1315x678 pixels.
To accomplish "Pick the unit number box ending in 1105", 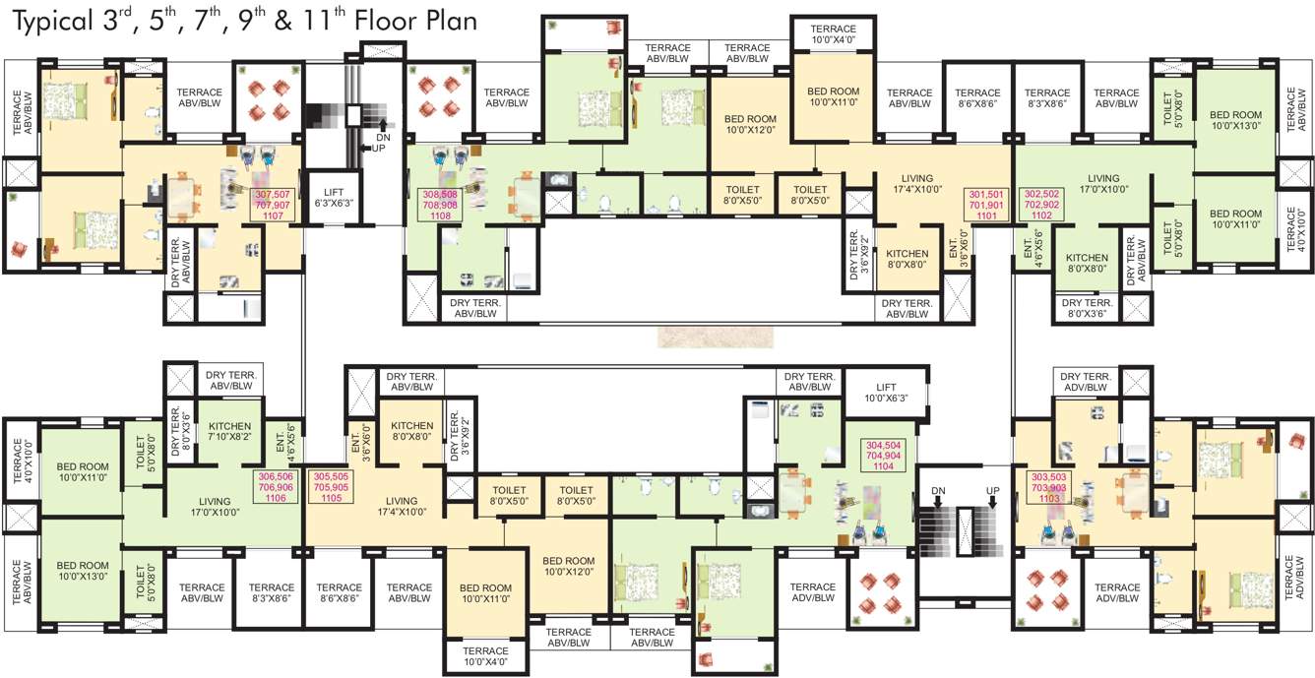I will [x=331, y=486].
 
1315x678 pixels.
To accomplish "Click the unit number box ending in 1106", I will [x=276, y=486].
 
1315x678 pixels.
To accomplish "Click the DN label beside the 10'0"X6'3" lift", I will [x=938, y=490].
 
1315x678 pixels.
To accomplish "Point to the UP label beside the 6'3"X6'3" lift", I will [x=374, y=148].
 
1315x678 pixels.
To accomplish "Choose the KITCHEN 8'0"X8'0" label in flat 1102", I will [x=1087, y=263].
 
